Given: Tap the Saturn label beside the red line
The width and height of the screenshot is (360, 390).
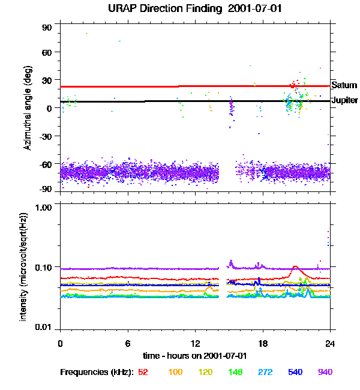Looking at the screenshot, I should [x=344, y=86].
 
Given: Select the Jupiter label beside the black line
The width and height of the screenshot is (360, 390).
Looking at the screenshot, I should [x=345, y=100].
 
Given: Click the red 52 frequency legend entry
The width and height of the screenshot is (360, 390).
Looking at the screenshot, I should [x=143, y=372].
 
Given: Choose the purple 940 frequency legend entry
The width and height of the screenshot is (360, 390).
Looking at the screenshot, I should [x=325, y=372].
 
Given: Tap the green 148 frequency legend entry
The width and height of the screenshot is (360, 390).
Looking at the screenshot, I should [x=236, y=372].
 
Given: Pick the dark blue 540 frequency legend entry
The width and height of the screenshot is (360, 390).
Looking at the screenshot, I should [x=295, y=372].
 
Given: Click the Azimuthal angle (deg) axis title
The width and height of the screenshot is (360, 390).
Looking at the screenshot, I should [x=28, y=109].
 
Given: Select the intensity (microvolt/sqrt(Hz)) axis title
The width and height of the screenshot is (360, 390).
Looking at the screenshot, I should [x=24, y=266].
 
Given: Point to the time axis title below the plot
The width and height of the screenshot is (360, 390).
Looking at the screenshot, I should [x=195, y=355].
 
